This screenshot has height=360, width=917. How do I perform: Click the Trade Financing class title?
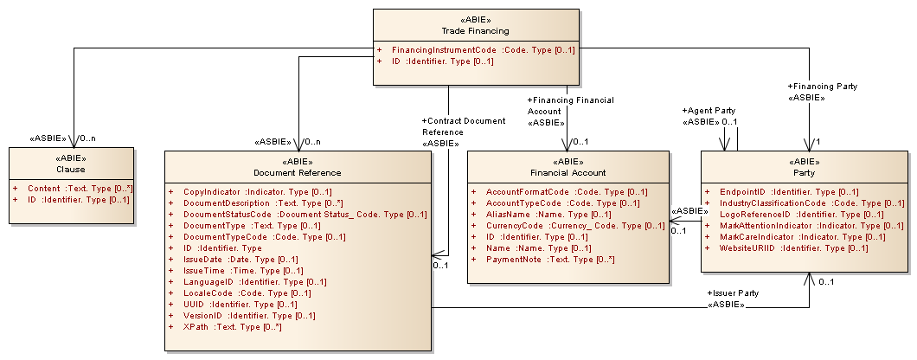point(476,31)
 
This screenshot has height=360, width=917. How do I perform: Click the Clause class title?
point(71,170)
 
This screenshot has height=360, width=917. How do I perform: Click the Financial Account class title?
point(568,172)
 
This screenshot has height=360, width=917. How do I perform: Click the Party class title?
point(804,172)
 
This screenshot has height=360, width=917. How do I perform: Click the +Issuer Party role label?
point(733,293)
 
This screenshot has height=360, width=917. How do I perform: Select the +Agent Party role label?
point(709,111)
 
